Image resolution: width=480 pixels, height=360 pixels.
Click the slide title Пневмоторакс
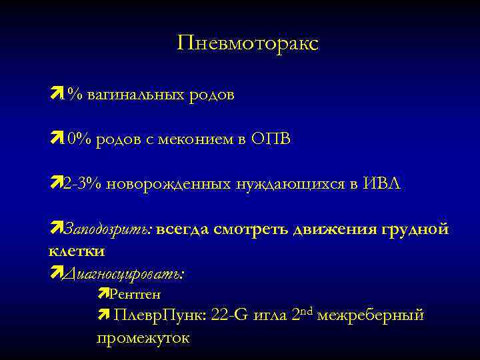click(x=248, y=44)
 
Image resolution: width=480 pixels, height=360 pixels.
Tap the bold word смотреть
click(x=250, y=230)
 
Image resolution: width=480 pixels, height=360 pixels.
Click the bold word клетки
click(x=76, y=252)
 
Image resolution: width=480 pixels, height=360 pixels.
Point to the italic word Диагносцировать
click(x=125, y=274)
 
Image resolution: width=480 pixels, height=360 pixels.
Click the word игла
click(x=271, y=315)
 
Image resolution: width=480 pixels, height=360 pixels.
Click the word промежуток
click(x=143, y=338)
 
